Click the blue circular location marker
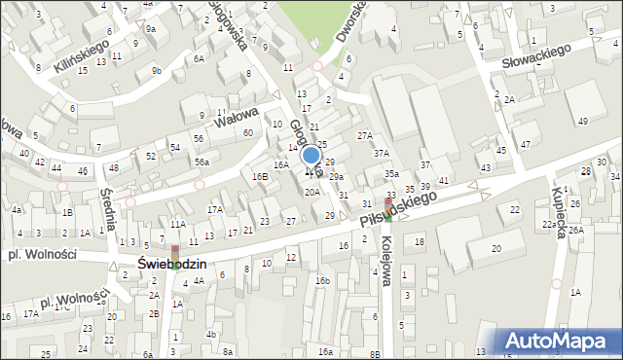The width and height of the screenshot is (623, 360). click(311, 155)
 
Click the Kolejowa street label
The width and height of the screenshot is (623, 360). click(387, 262)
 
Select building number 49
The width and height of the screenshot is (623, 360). click(582, 121)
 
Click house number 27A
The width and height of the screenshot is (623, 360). click(364, 135)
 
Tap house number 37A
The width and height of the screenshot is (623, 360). click(381, 153)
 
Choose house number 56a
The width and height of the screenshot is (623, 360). click(201, 162)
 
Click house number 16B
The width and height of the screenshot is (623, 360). click(259, 176)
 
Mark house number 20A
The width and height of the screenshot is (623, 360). click(311, 193)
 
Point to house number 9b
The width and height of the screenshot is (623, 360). click(157, 70)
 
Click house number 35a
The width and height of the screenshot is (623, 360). click(390, 173)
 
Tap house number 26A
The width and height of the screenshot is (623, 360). click(576, 231)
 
